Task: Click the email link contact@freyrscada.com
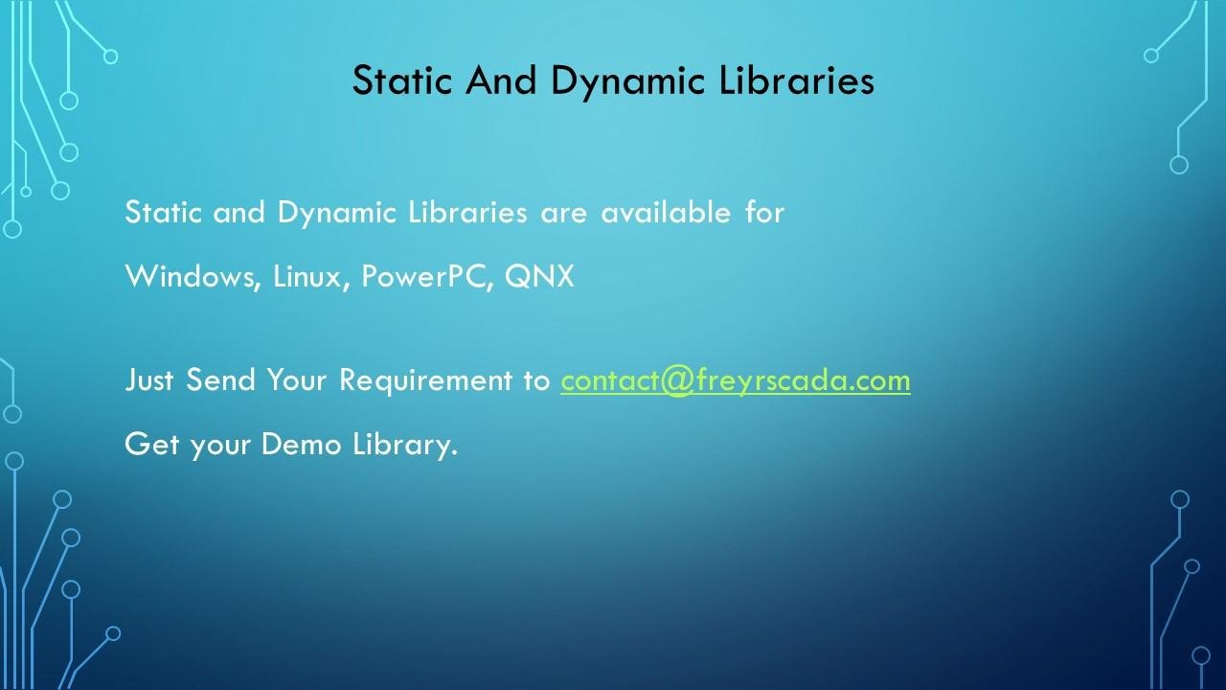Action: pyautogui.click(x=735, y=380)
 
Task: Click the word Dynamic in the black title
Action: pyautogui.click(x=627, y=81)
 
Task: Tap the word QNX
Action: pyautogui.click(x=539, y=276)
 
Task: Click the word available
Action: pyautogui.click(x=666, y=212)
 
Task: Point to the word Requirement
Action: pyautogui.click(x=425, y=380)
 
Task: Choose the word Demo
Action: pyautogui.click(x=301, y=444)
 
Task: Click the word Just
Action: pyautogui.click(x=148, y=379)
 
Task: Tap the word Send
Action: pyautogui.click(x=220, y=379)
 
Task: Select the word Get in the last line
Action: pyautogui.click(x=151, y=444)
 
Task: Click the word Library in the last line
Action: pyautogui.click(x=404, y=445)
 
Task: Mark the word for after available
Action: pyautogui.click(x=764, y=212)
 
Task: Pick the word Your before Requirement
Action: pyautogui.click(x=296, y=379)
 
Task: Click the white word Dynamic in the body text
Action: pyautogui.click(x=336, y=213)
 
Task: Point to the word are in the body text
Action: pyautogui.click(x=563, y=214)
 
